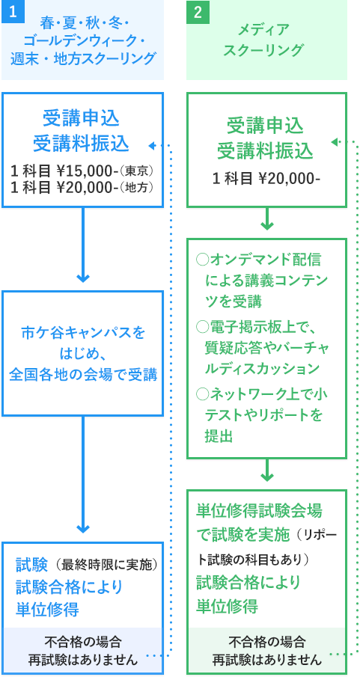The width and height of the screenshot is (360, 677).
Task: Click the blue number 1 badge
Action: point(13,12)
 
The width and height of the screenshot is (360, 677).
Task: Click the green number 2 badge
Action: point(198,12)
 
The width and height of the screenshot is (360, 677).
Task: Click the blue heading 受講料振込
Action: point(82,144)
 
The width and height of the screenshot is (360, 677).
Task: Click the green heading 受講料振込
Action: point(266,151)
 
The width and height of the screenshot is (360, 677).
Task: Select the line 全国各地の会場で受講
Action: point(83,375)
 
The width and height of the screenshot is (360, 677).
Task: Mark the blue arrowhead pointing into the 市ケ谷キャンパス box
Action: point(82,278)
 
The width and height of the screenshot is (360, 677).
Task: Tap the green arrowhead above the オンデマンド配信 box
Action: point(267,225)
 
